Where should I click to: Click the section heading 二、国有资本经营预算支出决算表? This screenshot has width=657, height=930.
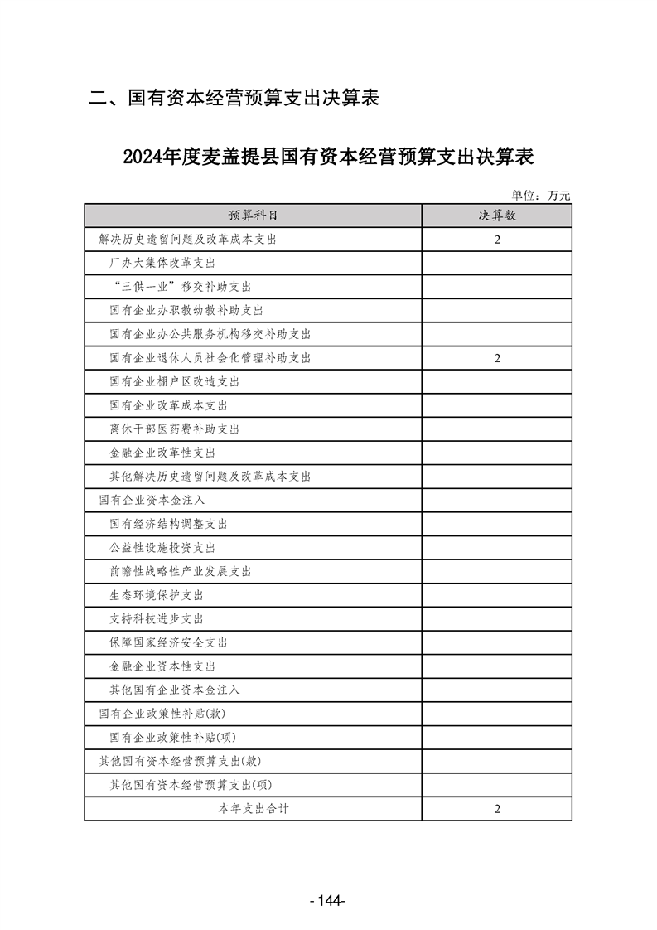pyautogui.click(x=234, y=99)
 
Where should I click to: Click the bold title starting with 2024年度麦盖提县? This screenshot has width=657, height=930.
pyautogui.click(x=327, y=156)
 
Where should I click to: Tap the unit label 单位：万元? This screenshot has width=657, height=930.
pyautogui.click(x=541, y=196)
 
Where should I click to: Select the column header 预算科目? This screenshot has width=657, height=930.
pyautogui.click(x=253, y=216)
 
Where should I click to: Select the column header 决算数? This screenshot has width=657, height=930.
pyautogui.click(x=496, y=216)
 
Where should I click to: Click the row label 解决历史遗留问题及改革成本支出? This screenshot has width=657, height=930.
pyautogui.click(x=186, y=240)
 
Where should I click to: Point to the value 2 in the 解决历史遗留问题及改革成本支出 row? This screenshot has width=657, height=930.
pyautogui.click(x=497, y=240)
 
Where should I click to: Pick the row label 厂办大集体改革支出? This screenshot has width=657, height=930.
pyautogui.click(x=162, y=264)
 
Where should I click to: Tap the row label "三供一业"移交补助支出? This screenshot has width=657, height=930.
pyautogui.click(x=180, y=287)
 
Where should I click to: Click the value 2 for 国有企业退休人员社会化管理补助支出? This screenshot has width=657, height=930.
pyautogui.click(x=497, y=358)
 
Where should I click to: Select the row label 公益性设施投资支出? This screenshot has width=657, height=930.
pyautogui.click(x=162, y=548)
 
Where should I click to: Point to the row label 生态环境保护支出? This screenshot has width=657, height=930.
pyautogui.click(x=157, y=595)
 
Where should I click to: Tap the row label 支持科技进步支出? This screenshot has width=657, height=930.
pyautogui.click(x=157, y=619)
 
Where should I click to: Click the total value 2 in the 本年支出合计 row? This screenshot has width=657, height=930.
pyautogui.click(x=497, y=809)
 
